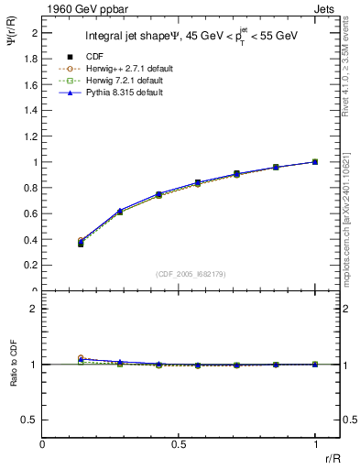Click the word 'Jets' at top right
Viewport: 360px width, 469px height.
click(327, 7)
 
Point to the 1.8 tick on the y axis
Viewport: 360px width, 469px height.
click(33, 59)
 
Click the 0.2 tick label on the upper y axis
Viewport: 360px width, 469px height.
click(33, 266)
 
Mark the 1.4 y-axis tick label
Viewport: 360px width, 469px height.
click(33, 111)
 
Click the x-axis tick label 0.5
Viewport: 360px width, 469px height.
click(179, 444)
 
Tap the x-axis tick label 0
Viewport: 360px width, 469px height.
click(42, 444)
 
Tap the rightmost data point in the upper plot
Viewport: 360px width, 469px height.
click(315, 162)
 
